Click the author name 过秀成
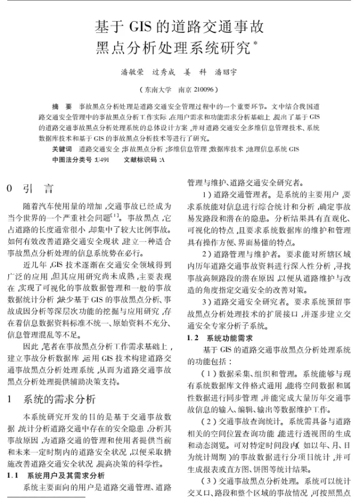click(x=164, y=71)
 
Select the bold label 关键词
click(x=61, y=148)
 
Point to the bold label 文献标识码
click(x=139, y=160)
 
